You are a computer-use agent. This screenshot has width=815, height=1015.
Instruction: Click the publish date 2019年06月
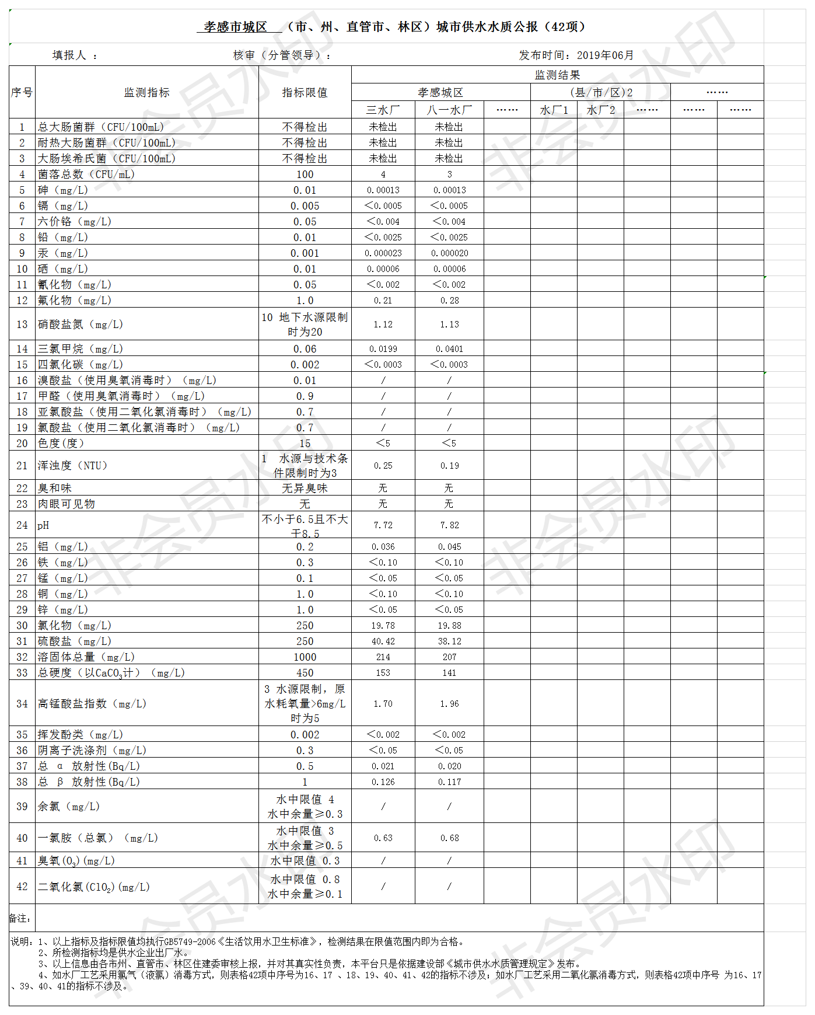coord(605,55)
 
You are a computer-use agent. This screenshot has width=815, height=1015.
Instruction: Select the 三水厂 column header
coord(383,110)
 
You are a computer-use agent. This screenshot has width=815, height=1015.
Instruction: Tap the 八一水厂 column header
coord(449,110)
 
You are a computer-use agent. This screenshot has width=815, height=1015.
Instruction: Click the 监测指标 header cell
coord(146,93)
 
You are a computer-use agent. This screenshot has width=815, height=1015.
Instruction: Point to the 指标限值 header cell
coord(305,93)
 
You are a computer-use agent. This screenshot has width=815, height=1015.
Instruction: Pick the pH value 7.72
coord(383,525)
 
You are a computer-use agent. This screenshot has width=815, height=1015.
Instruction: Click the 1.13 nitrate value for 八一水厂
coord(449,325)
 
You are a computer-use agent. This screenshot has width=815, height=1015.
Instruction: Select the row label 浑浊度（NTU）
coord(72,466)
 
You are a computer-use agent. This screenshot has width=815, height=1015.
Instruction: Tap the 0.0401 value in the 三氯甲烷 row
coord(449,349)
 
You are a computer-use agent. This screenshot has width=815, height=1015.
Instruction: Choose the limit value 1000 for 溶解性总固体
coord(305,657)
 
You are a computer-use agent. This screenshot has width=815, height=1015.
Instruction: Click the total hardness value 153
coord(383,673)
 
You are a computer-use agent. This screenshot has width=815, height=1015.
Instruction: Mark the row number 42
coord(22,887)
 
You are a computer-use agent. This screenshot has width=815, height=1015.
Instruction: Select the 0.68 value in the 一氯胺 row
coord(449,838)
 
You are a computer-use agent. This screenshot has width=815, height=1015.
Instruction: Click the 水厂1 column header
coord(554,110)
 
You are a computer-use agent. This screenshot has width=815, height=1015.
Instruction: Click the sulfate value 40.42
coord(383,641)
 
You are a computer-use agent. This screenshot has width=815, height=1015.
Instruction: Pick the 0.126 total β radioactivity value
coord(383,782)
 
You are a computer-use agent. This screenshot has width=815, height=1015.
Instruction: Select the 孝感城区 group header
coord(440,93)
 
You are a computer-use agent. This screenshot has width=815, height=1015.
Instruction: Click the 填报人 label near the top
coord(69,55)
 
